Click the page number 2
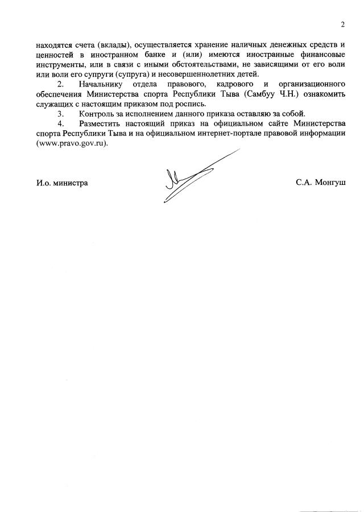click(x=343, y=24)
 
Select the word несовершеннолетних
click(x=203, y=74)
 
